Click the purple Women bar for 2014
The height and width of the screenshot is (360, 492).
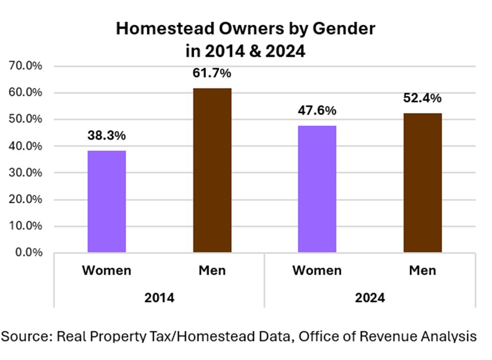point(106,201)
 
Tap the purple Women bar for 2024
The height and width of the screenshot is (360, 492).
point(317,189)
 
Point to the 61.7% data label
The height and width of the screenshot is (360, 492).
point(212,73)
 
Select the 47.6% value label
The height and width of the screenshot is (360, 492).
point(317,110)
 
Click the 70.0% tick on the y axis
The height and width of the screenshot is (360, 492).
point(25,66)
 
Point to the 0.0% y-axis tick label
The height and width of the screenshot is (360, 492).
point(28,253)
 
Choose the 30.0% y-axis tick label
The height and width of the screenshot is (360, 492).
point(25,173)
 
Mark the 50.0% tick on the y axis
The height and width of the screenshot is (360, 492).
point(25,119)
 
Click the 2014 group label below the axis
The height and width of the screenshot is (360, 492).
point(159,297)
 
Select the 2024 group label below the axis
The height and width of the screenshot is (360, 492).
point(369,297)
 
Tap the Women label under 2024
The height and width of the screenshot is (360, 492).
point(317,271)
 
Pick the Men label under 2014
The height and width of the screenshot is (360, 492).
point(212,271)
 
